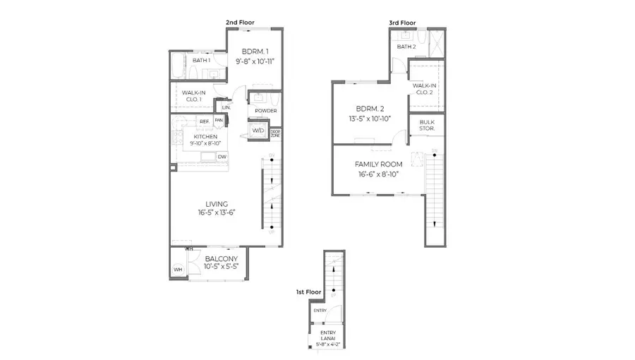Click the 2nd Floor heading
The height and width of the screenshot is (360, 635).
240,23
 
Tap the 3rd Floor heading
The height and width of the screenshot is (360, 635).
403,23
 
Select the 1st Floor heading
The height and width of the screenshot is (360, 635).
308,291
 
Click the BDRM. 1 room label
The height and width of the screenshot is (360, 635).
255,52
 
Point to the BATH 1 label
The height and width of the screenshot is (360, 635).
201,60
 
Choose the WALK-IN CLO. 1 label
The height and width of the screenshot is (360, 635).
193,96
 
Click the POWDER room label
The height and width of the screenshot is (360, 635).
265,111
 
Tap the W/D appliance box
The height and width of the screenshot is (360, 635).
258,131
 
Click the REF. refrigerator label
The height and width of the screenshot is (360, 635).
204,121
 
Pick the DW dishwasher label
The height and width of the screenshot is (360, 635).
222,157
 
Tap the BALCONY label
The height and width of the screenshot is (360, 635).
222,258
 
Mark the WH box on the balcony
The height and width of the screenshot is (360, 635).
178,269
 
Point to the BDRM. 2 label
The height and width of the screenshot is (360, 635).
370,109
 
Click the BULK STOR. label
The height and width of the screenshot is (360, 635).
427,126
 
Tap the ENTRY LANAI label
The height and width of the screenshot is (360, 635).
328,336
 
